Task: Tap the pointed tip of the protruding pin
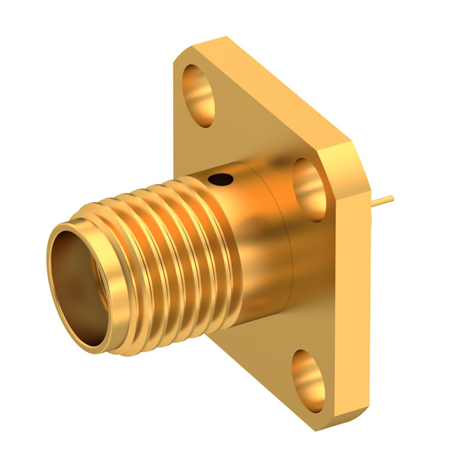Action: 396,195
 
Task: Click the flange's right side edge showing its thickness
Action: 359,286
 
